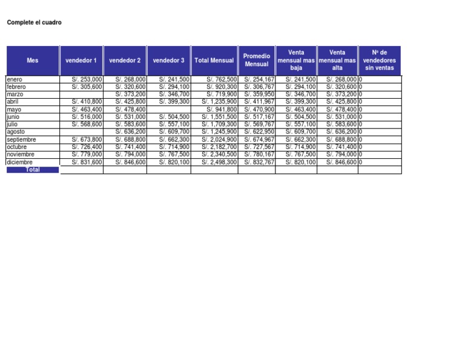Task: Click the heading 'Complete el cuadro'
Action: click(34, 23)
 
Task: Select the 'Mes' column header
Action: click(32, 61)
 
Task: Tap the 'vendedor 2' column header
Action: click(125, 61)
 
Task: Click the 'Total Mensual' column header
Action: click(214, 61)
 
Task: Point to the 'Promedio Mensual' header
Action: click(256, 61)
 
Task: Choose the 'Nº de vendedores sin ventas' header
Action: click(379, 61)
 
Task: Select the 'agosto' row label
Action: click(16, 132)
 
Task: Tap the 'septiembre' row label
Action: click(21, 139)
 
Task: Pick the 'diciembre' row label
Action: click(19, 162)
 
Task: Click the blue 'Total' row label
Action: click(33, 170)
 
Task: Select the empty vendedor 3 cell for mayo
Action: click(168, 109)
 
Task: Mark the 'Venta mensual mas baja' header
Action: click(296, 61)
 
